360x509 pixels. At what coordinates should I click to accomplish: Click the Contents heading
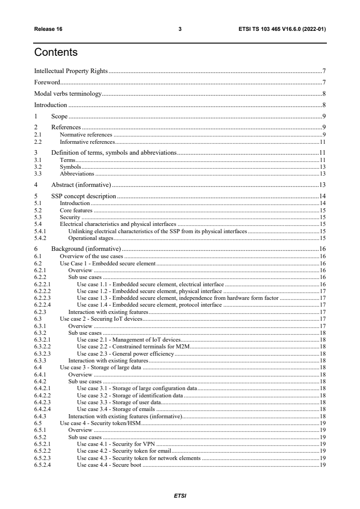[56, 53]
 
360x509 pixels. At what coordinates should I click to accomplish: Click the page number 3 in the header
[180, 29]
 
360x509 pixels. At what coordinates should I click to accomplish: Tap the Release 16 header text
[49, 29]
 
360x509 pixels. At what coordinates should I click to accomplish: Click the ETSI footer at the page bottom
[180, 496]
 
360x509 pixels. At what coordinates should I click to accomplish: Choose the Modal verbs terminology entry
[68, 94]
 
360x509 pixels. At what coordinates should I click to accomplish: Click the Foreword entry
[47, 83]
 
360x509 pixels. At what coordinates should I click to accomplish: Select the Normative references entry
[86, 135]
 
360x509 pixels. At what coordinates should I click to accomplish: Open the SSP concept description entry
[84, 196]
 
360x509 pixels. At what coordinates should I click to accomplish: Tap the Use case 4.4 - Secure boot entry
[109, 465]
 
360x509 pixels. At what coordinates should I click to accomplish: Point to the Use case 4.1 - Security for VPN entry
[117, 444]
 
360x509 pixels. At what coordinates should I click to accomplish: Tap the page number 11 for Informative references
[322, 142]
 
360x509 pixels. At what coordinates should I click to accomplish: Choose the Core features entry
[76, 210]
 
